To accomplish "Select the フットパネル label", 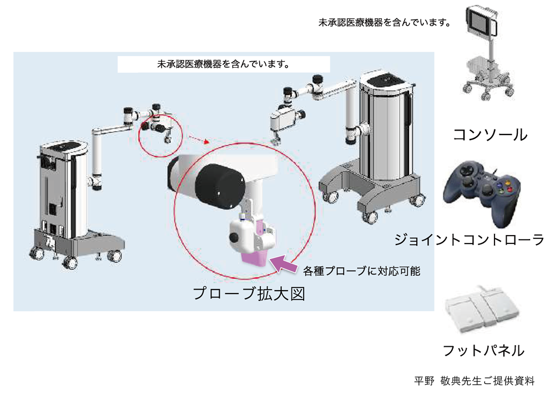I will [x=483, y=350].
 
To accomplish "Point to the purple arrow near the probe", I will [x=284, y=262].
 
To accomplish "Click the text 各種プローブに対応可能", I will [x=361, y=271].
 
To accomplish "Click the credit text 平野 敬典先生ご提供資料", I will [x=474, y=381].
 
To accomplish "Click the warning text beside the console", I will [x=384, y=23].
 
